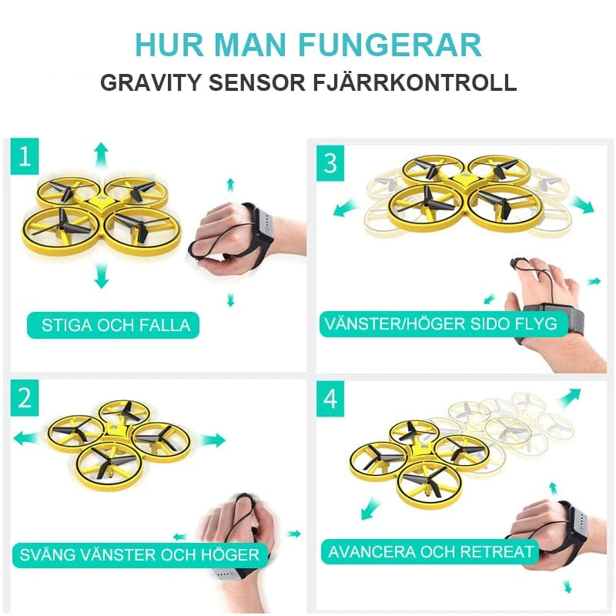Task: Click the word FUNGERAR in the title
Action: (390, 45)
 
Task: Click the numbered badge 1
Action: (25, 156)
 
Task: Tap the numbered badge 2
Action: (25, 397)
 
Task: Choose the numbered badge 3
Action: (330, 163)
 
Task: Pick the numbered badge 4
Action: (330, 399)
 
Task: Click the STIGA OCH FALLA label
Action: (113, 325)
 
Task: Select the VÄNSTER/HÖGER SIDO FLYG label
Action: (444, 324)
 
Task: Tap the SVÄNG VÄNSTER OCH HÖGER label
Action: (140, 555)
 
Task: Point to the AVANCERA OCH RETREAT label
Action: (430, 551)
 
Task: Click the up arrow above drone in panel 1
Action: (102, 156)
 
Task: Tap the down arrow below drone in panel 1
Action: (102, 276)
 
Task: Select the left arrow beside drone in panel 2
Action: (26, 438)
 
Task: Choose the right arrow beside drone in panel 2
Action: (213, 440)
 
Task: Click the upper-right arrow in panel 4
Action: (569, 398)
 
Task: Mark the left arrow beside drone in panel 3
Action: (346, 207)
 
